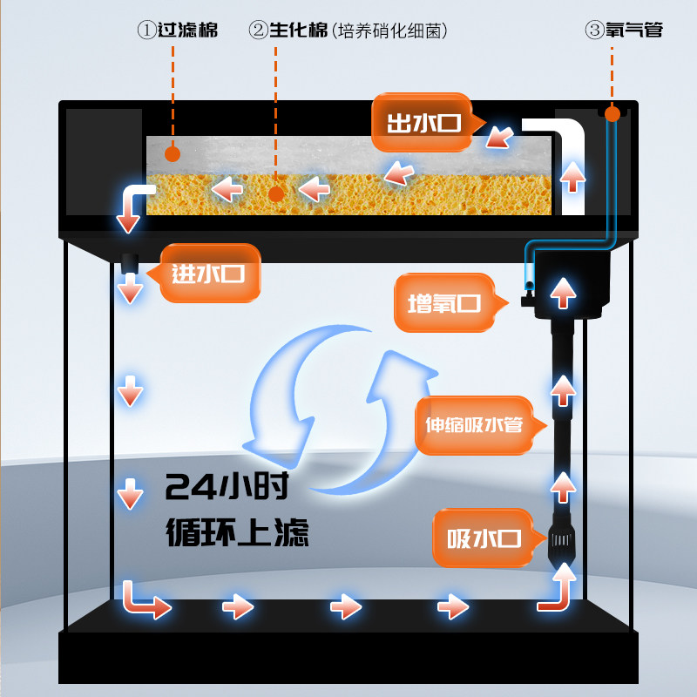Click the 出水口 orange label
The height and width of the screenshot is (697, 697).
click(x=423, y=123)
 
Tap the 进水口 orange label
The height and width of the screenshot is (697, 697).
click(x=207, y=274)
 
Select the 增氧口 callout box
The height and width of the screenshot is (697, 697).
click(x=444, y=303)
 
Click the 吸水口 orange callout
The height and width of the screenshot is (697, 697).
click(x=484, y=538)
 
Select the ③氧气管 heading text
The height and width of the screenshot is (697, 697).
click(x=624, y=30)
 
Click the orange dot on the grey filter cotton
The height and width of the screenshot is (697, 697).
click(x=172, y=154)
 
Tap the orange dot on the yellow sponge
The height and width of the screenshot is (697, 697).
click(x=276, y=193)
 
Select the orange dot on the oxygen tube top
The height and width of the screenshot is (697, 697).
click(x=612, y=113)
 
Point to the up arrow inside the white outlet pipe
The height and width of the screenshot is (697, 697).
click(x=572, y=177)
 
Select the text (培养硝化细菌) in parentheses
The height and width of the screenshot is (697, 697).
click(x=389, y=30)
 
